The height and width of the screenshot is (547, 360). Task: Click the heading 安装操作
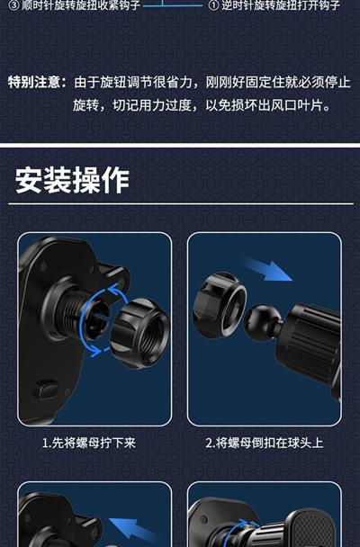[72, 180]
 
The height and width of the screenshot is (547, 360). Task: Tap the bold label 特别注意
[34, 83]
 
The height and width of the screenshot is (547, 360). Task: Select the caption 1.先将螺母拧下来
[88, 443]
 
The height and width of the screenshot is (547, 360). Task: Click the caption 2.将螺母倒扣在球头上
[265, 443]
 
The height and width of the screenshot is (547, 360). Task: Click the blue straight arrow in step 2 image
[267, 269]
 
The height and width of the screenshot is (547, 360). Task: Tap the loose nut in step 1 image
[139, 333]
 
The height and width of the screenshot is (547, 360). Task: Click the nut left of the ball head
[219, 305]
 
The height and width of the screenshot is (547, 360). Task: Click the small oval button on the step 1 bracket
[46, 390]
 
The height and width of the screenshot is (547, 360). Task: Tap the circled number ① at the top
[212, 5]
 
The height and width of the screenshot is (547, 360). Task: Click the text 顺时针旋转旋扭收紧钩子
[81, 4]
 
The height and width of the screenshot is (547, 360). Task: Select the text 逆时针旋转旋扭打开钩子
[281, 4]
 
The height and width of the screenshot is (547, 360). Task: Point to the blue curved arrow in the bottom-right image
[240, 527]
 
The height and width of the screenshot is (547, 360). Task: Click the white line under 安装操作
[181, 203]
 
